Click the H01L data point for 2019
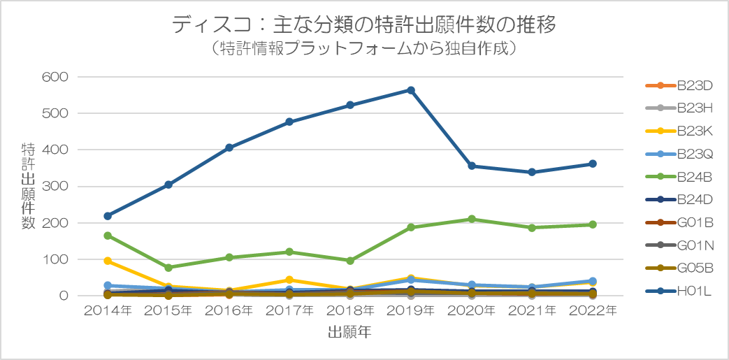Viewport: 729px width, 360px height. [411, 90]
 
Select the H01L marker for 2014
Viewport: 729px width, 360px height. [108, 216]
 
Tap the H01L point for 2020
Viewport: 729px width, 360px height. [472, 166]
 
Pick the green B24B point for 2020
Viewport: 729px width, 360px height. [472, 219]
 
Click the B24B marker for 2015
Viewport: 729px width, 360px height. [168, 268]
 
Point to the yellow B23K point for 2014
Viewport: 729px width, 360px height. [108, 261]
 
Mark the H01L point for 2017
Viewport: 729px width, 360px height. [289, 122]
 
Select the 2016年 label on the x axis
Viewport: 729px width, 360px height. [229, 310]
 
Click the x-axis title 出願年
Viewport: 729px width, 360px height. [349, 333]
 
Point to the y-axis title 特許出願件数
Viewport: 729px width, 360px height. [29, 186]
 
